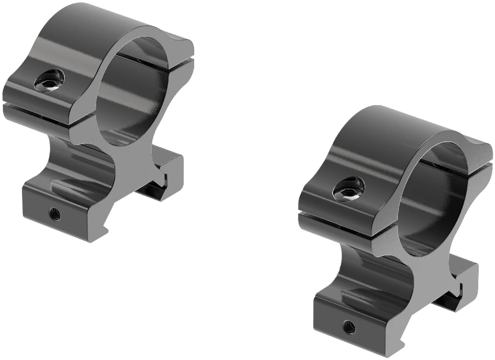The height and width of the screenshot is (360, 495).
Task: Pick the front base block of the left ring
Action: pos(62,209)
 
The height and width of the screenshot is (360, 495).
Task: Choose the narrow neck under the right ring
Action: pos(381,271)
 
